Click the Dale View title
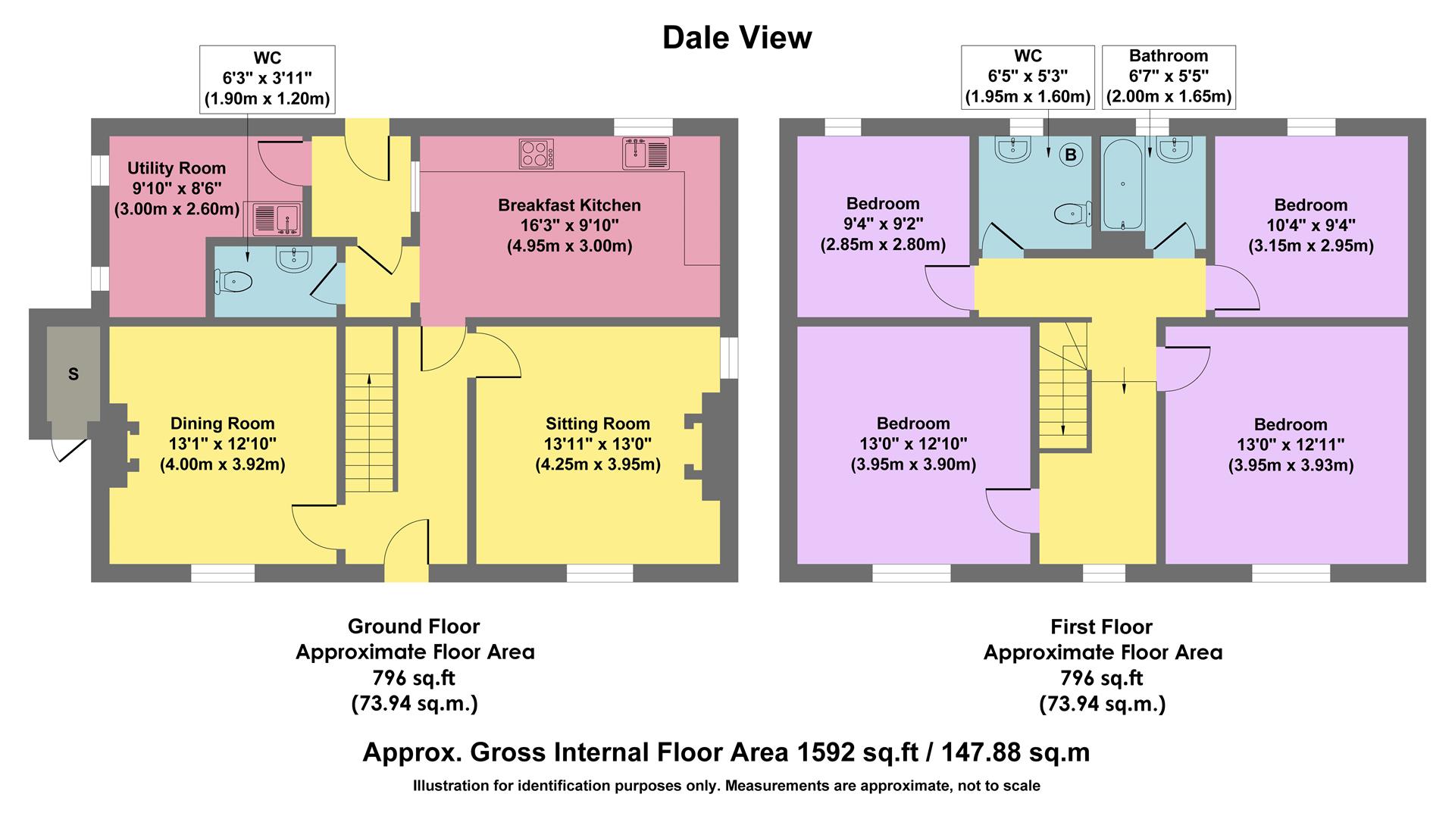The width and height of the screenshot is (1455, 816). pos(737,37)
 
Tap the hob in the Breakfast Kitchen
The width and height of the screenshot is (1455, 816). pos(537,154)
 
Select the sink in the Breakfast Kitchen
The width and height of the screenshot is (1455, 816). pos(646,154)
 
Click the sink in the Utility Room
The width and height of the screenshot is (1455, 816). pos(277,219)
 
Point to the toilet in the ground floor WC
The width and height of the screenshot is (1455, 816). pos(234,283)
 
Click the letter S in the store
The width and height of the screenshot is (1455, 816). pos(74,374)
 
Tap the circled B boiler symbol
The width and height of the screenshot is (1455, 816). pos(1071,155)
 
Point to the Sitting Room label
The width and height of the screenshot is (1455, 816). pos(597,424)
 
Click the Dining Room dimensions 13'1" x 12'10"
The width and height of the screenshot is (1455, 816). pos(222,444)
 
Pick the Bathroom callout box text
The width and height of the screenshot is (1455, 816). pos(1169,77)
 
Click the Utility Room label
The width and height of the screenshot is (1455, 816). pos(176,168)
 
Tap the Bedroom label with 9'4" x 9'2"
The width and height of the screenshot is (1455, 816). pos(883,204)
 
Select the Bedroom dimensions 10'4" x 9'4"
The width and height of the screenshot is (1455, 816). pos(1310,225)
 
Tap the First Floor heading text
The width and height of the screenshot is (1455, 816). pos(1101,627)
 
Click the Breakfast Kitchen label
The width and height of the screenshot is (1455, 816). pos(569,205)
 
